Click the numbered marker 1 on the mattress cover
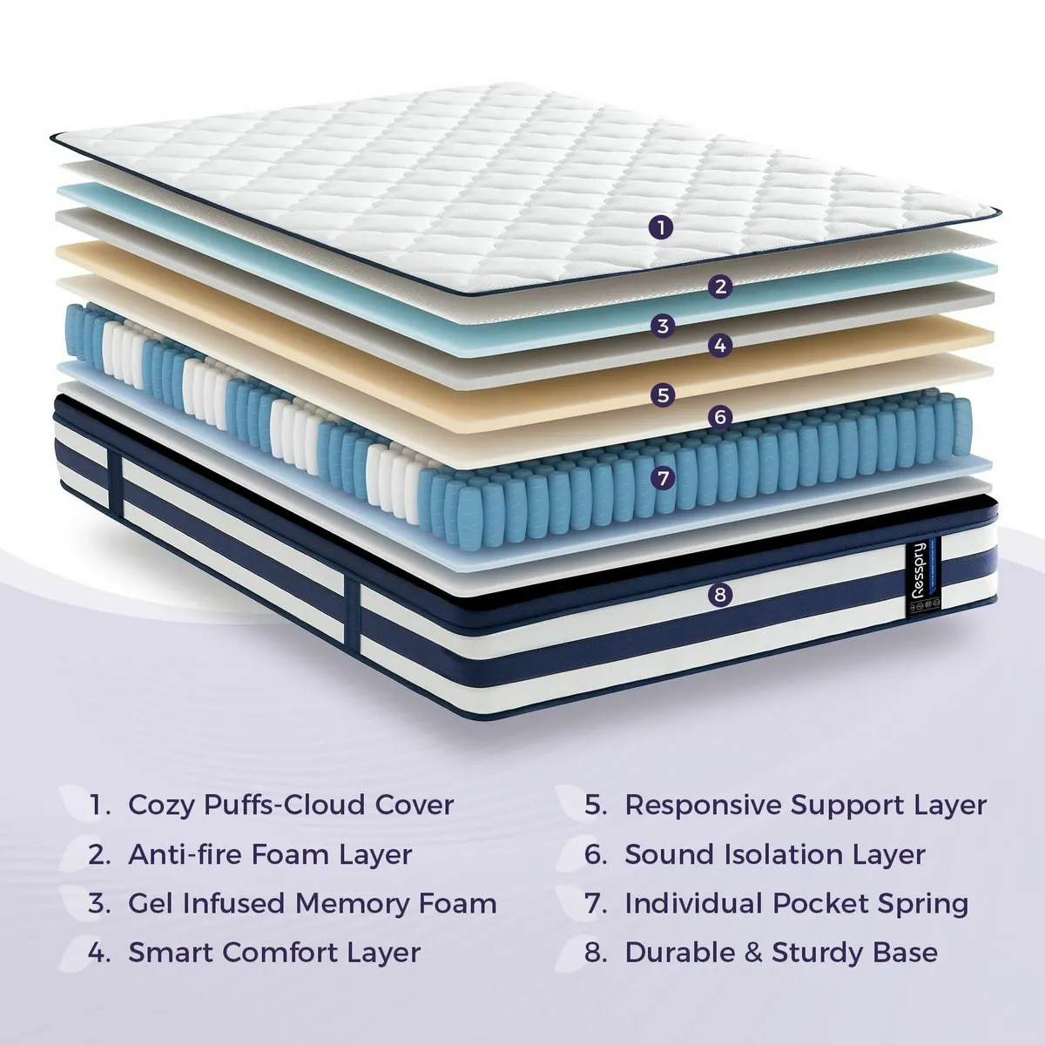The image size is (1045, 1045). point(662,228)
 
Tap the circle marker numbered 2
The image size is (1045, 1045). point(719,287)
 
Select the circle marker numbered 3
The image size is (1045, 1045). point(664,327)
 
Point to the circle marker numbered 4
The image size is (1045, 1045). point(719,346)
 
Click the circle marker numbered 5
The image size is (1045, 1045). point(664,395)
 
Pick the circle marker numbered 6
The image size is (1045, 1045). point(719,417)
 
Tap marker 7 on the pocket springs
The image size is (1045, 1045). point(664,477)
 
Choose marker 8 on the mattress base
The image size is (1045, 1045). point(719,596)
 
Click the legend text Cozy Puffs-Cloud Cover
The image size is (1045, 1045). point(291,805)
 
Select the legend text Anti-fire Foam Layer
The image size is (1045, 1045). point(270,854)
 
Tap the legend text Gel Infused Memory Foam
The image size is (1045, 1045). point(312,903)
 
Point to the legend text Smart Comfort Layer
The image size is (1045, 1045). point(274,953)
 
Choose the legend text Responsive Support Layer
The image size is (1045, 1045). point(806,805)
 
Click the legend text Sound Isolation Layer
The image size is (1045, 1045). point(774,854)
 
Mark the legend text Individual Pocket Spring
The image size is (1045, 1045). point(796,903)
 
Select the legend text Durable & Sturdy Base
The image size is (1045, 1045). point(780,953)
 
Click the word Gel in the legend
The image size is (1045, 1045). point(149,903)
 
